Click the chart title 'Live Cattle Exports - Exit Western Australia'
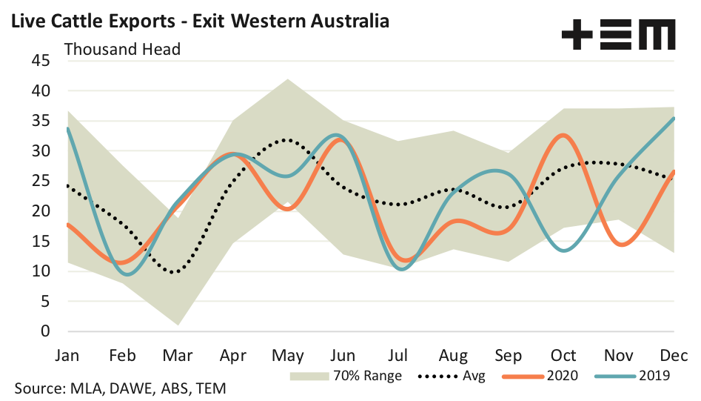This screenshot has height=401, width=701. [198, 20]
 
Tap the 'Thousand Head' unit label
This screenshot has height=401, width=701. [123, 49]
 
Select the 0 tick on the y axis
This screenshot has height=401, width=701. [44, 331]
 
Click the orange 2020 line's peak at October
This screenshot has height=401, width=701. [563, 135]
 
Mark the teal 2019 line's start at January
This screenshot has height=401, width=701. [68, 128]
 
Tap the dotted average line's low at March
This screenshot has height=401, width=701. [175, 272]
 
